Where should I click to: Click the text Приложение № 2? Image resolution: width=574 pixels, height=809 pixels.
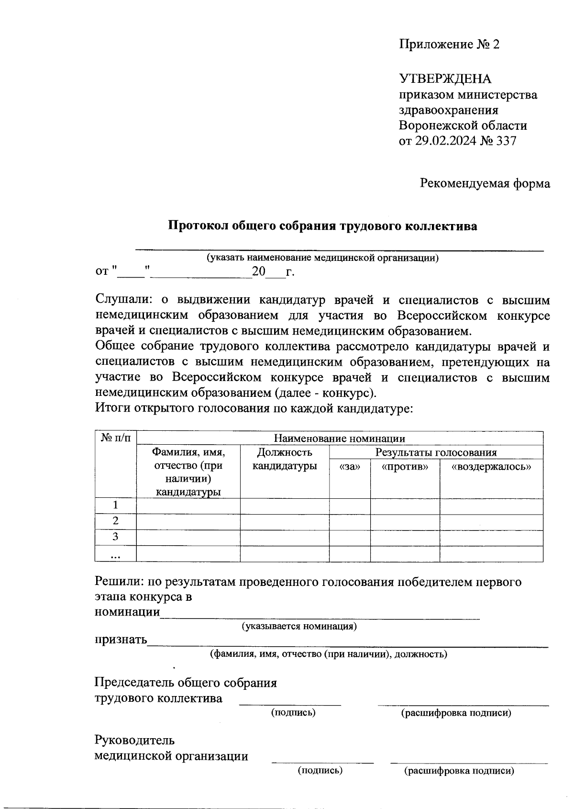tap(449, 45)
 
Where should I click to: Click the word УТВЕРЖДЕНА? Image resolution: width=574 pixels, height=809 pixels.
tap(445, 79)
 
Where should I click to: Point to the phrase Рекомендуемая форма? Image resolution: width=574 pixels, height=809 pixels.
tap(485, 183)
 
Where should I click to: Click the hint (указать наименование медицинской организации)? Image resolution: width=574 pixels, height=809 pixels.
tap(322, 258)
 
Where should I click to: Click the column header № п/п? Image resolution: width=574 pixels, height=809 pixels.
tap(116, 438)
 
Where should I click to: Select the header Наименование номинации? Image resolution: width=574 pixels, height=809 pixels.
tap(339, 438)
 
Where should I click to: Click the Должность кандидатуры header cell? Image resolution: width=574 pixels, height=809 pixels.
tap(285, 459)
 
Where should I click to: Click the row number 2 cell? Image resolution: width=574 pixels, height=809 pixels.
tap(116, 521)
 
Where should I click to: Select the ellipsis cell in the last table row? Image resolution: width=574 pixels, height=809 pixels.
tap(116, 554)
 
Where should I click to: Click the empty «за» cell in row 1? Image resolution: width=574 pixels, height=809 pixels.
tap(349, 506)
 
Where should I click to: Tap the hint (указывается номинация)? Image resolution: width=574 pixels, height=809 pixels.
tap(299, 626)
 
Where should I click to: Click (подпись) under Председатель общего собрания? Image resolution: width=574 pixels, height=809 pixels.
tap(293, 713)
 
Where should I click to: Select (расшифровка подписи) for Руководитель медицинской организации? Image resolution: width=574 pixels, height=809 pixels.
tap(459, 771)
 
